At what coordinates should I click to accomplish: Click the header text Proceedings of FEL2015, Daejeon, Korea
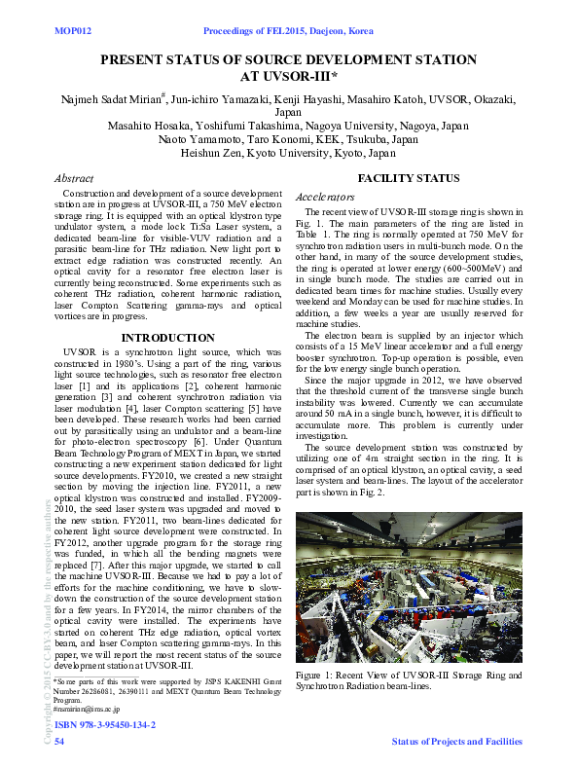(x=288, y=31)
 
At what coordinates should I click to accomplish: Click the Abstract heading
(x=74, y=179)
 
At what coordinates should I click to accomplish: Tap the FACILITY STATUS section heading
(x=409, y=178)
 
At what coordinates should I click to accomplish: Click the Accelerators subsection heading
(x=325, y=197)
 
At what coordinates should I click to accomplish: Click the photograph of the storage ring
(x=409, y=587)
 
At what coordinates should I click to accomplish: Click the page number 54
(x=59, y=743)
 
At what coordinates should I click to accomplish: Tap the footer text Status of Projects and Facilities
(x=456, y=743)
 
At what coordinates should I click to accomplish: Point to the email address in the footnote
(x=87, y=710)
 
